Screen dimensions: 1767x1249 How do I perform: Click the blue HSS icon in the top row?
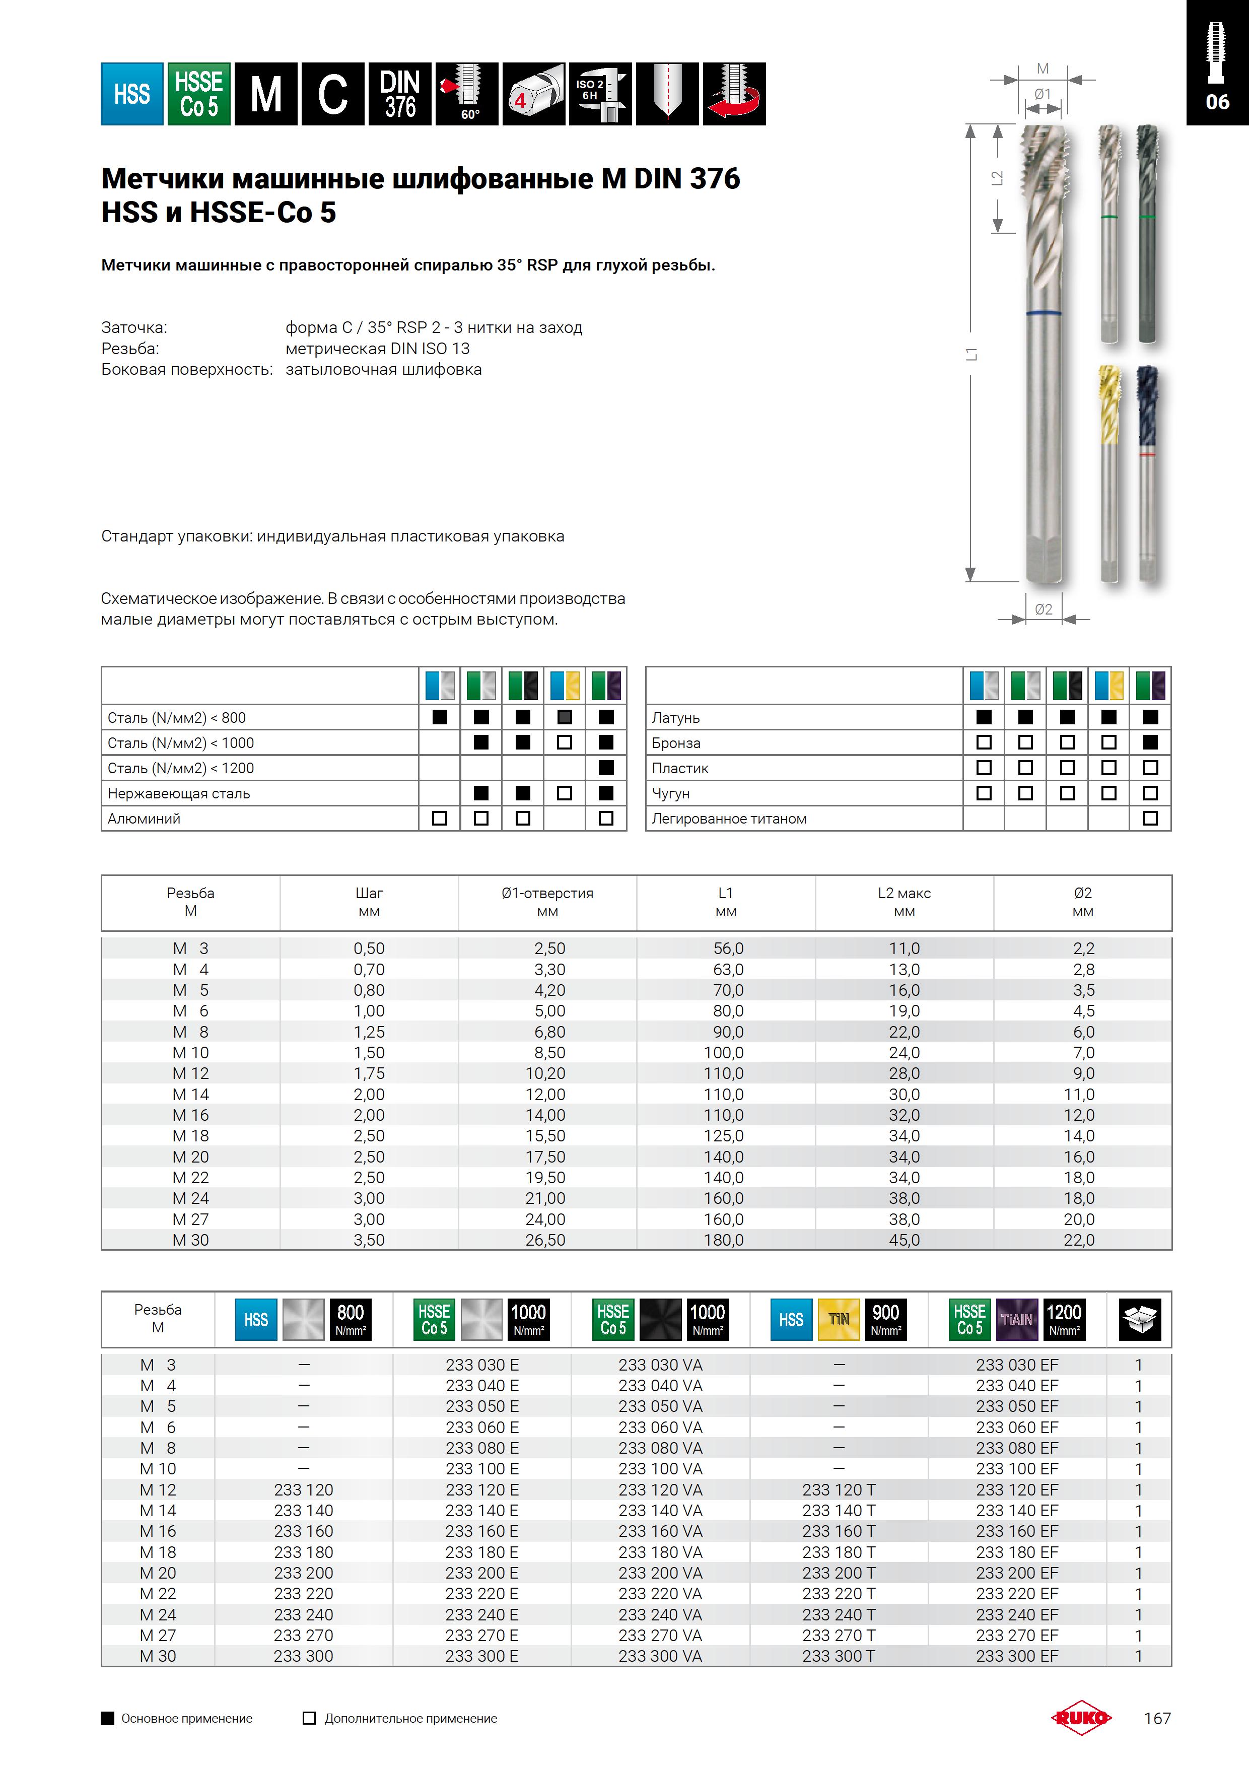tap(131, 94)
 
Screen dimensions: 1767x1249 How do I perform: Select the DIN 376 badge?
tap(399, 94)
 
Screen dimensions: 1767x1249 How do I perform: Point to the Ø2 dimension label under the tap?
tap(1044, 609)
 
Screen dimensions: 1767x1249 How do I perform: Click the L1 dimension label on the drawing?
tap(972, 354)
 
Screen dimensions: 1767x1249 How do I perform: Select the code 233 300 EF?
tap(1017, 1656)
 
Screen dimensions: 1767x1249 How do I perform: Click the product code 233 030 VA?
tap(660, 1365)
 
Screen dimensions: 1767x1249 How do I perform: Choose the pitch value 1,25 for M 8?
tap(369, 1032)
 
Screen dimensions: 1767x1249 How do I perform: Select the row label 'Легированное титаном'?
tap(729, 819)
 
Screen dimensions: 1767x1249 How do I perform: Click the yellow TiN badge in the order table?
tap(838, 1319)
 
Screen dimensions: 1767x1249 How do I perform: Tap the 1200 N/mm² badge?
tap(1064, 1319)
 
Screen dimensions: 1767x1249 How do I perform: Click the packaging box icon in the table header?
tap(1139, 1319)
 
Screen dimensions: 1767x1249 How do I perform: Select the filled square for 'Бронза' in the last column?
tap(1150, 742)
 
